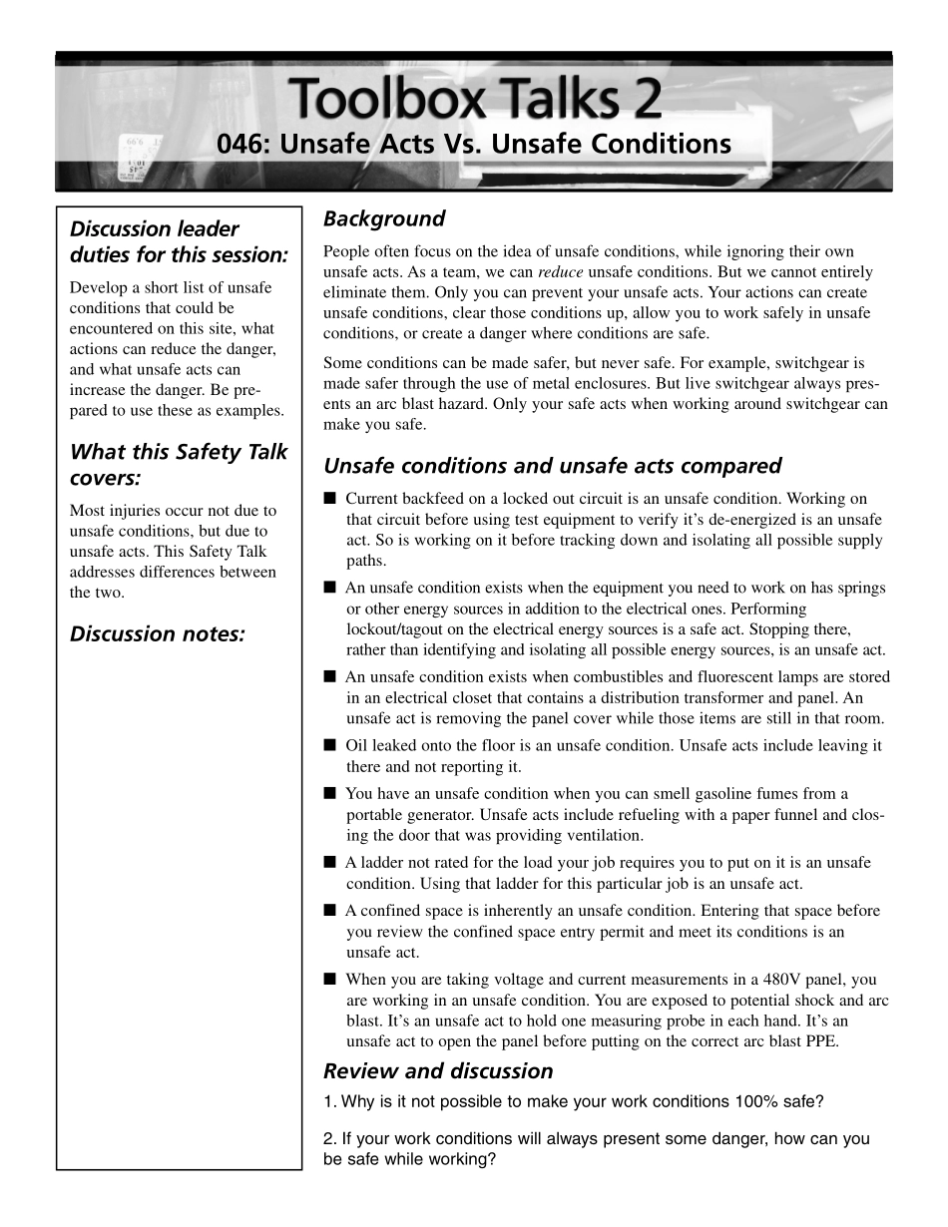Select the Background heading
(x=384, y=218)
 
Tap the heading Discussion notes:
(x=158, y=634)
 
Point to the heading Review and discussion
(x=438, y=1071)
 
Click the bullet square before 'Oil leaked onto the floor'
(x=330, y=745)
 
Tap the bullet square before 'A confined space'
(x=330, y=911)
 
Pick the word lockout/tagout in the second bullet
(x=395, y=629)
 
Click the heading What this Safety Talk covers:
(x=179, y=465)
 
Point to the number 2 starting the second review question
(x=329, y=1139)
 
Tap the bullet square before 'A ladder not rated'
(x=330, y=863)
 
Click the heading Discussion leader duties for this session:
(x=179, y=241)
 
